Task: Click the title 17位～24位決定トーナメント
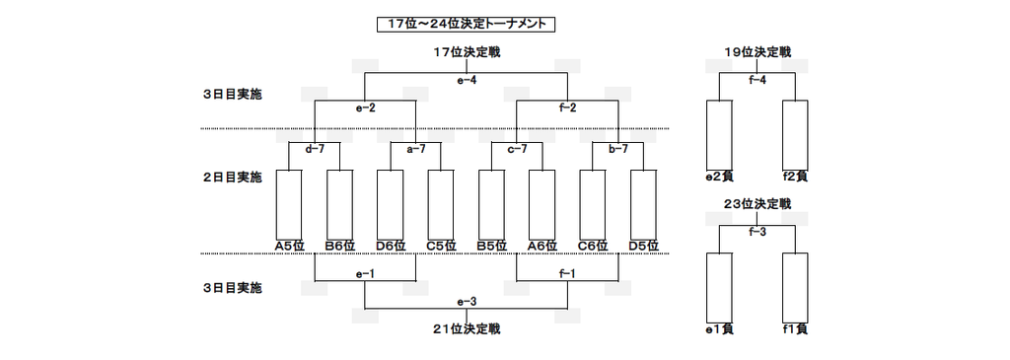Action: coord(466,25)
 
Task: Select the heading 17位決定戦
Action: coord(467,52)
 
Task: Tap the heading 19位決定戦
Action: coord(757,52)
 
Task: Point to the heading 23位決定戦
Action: coord(757,204)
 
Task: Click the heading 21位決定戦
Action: coord(467,329)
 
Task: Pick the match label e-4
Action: coord(467,81)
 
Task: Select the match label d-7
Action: coord(315,149)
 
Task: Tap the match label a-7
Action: coord(415,149)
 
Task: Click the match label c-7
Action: coord(517,149)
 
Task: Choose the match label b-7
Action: coord(617,149)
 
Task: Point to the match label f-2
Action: coord(567,108)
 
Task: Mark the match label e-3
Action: coord(467,302)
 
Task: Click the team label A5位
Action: coord(289,246)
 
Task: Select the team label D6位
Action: coord(391,246)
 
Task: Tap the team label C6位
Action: coord(593,246)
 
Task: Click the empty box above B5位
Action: coord(491,204)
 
